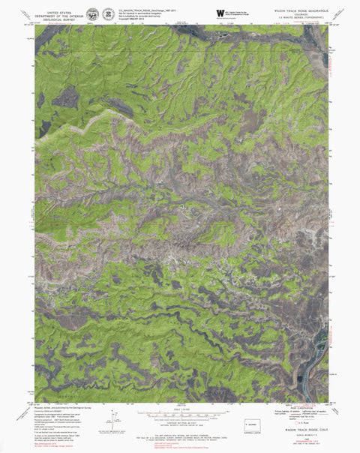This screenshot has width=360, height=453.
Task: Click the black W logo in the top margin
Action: pyautogui.click(x=220, y=13)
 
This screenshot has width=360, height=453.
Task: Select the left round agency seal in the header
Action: pyautogui.click(x=92, y=14)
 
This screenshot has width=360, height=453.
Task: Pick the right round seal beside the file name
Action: pyautogui.click(x=108, y=14)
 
